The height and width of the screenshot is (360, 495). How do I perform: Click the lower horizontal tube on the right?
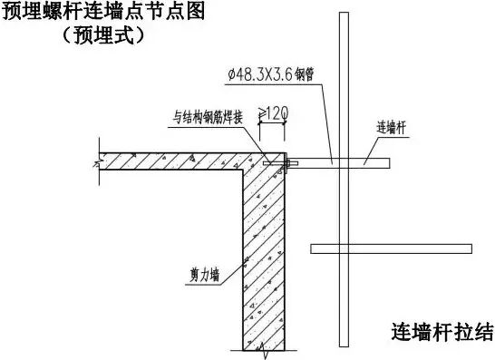(391, 248)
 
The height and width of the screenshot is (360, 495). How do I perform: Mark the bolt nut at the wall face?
(288, 163)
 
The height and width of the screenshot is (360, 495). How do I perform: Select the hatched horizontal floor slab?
(172, 162)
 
